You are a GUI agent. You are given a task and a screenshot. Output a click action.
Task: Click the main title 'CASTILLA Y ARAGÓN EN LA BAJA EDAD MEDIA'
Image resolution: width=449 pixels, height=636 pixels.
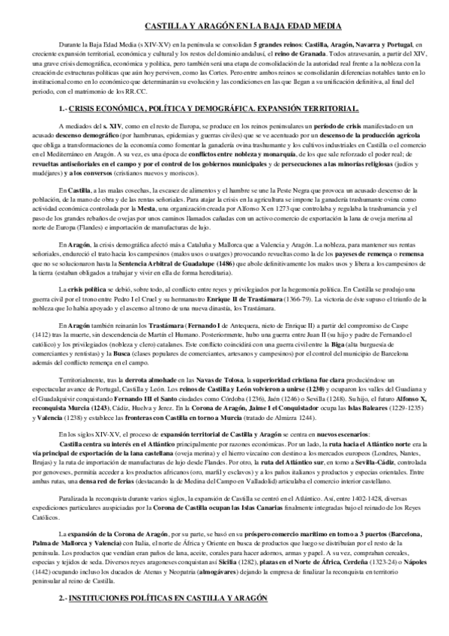click(224, 25)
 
